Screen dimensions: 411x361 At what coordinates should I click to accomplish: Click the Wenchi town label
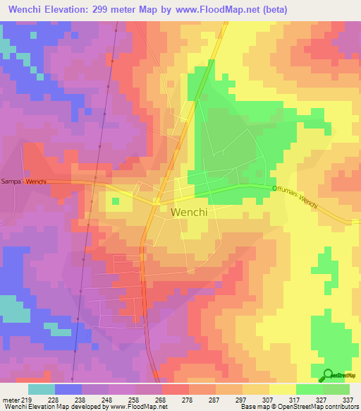(188, 212)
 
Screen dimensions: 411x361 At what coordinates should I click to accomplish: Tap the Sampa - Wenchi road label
(23, 181)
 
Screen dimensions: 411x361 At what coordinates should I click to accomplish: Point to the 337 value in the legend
(347, 400)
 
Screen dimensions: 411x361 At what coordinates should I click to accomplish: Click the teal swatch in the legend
(42, 389)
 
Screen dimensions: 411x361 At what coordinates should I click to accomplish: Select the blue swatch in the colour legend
(68, 389)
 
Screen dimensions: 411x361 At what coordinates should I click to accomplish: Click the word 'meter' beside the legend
(8, 400)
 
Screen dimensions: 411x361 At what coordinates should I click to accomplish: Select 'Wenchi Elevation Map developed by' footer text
(42, 407)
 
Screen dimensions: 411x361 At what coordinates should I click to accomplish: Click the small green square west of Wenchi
(115, 201)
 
